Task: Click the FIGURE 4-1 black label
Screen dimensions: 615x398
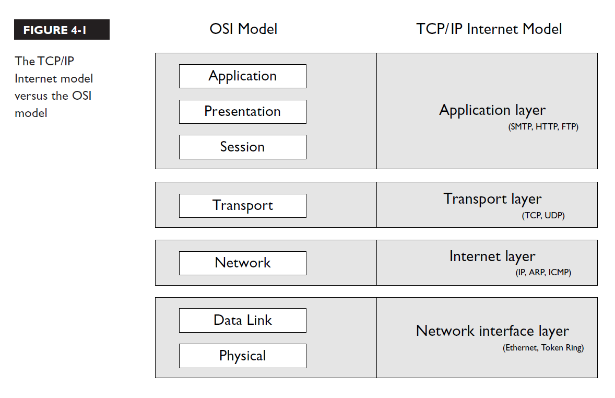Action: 62,29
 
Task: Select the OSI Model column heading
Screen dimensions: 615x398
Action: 243,29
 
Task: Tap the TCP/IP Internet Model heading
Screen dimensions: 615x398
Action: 489,29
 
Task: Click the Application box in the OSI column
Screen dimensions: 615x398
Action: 243,76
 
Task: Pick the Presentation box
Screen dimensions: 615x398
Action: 243,112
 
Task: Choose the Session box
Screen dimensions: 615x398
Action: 243,147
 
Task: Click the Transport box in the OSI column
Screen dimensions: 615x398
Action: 243,206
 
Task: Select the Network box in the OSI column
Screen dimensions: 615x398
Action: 243,263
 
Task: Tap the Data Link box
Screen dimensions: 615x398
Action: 243,320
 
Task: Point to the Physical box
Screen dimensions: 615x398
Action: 243,356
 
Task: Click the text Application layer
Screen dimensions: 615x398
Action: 492,110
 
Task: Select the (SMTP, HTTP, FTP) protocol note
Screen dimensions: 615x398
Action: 543,127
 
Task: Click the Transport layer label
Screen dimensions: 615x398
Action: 492,199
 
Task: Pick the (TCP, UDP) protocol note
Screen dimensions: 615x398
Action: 543,216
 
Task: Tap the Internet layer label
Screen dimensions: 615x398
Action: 492,256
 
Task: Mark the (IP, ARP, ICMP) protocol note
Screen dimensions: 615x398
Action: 543,273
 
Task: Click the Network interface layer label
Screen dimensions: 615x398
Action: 492,331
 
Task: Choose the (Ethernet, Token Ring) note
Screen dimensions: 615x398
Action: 543,348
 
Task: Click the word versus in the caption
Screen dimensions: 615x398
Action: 31,96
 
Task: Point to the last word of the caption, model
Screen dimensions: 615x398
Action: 31,113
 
